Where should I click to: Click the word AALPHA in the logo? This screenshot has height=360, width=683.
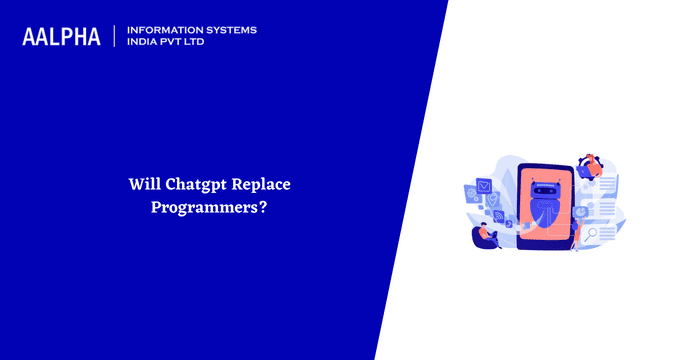(x=61, y=37)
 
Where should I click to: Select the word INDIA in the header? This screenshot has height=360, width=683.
(x=144, y=43)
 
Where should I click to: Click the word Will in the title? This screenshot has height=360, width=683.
(x=143, y=185)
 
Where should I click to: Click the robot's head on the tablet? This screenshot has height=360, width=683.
(x=546, y=188)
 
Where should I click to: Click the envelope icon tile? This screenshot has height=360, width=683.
(x=484, y=186)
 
